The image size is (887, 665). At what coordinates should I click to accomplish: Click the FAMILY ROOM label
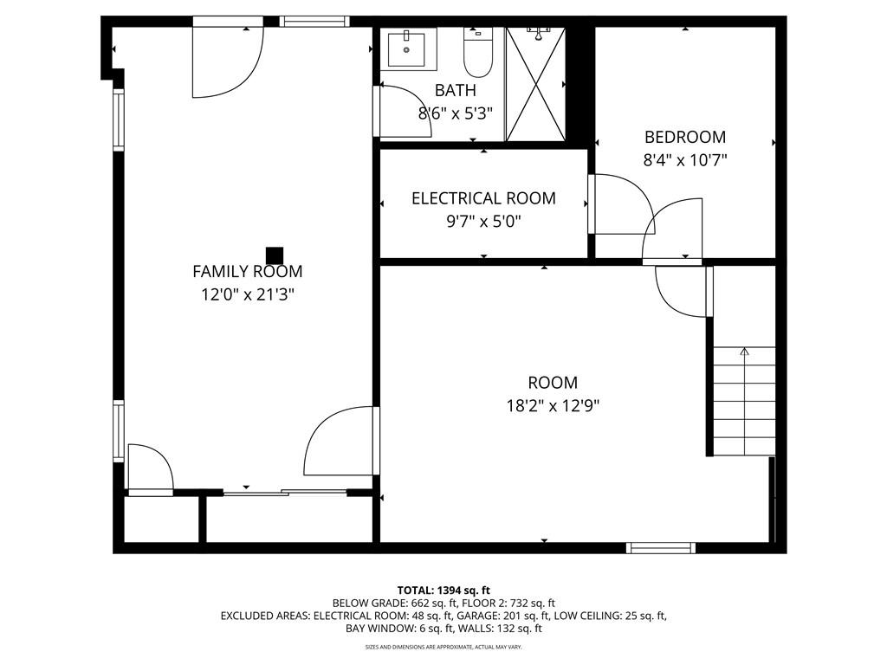(247, 271)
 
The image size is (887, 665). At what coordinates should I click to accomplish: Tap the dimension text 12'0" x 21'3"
(249, 294)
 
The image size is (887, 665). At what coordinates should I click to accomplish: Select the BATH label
(456, 90)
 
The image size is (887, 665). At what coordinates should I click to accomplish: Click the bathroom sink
(407, 49)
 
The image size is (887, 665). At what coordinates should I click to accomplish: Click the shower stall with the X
(535, 84)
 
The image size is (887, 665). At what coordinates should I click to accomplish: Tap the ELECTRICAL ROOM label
(483, 198)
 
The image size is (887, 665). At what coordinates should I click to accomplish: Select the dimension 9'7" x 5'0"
(483, 221)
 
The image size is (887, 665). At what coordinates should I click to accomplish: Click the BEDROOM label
(685, 137)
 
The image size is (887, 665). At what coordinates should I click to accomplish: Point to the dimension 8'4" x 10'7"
(685, 160)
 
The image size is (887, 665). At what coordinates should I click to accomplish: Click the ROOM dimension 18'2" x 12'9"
(553, 406)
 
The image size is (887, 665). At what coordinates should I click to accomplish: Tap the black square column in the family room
(275, 255)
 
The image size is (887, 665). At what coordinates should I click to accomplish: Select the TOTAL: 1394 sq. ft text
(443, 591)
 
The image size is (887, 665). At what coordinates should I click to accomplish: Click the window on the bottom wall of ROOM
(661, 547)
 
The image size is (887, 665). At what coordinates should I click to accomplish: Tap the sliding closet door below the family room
(285, 493)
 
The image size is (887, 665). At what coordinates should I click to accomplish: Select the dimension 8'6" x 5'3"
(456, 113)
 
